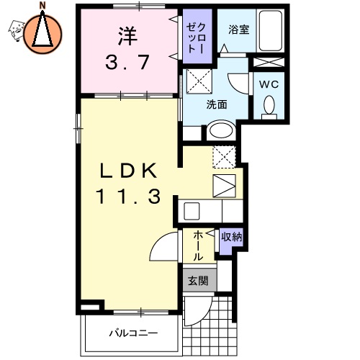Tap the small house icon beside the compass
point(15,30)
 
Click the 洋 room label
point(126,34)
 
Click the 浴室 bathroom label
point(238,30)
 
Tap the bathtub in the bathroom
point(271,33)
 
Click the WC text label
point(269,83)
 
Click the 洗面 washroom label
point(217,104)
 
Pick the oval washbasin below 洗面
point(221,132)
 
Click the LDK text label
point(127,171)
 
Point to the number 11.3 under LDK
point(127,196)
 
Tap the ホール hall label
point(198,245)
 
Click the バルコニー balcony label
point(133,333)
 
